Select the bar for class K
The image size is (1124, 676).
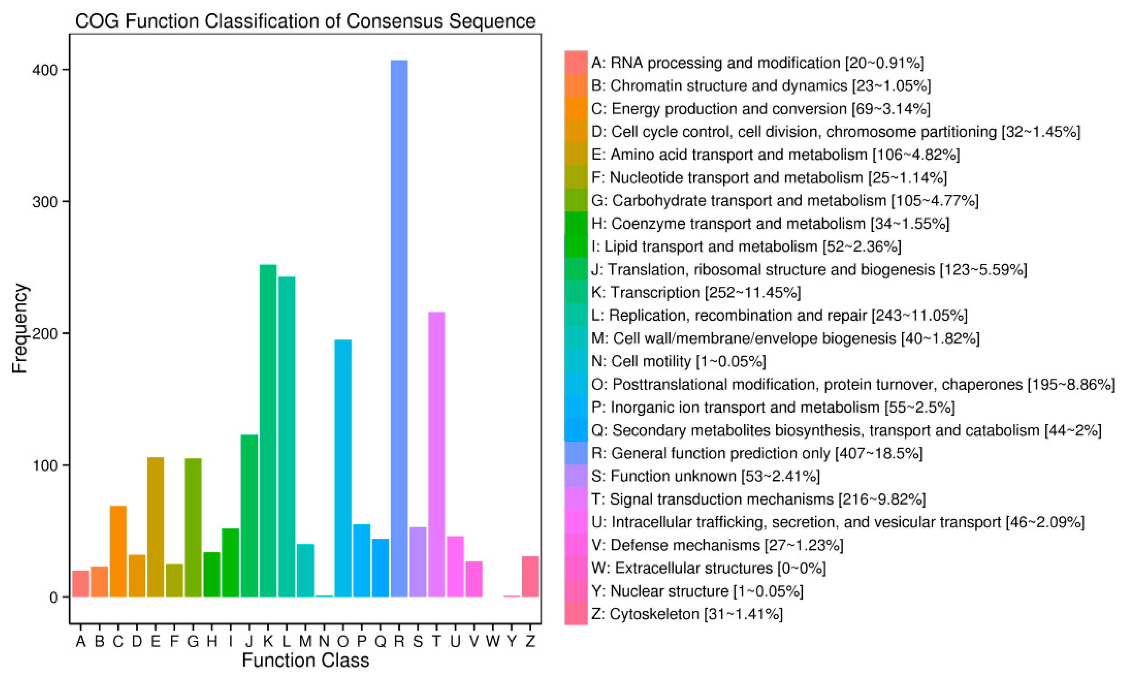[268, 430]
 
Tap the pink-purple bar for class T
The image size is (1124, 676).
[436, 454]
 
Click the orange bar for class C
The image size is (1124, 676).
[118, 551]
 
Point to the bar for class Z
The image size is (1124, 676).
[530, 576]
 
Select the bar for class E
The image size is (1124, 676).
[156, 527]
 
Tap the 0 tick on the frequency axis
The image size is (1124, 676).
[54, 597]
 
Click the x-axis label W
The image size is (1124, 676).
[492, 641]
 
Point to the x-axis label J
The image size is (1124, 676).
[249, 641]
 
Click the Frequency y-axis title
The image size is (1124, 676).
[20, 328]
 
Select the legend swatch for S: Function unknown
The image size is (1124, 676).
[576, 476]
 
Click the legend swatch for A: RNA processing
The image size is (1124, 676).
[576, 62]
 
